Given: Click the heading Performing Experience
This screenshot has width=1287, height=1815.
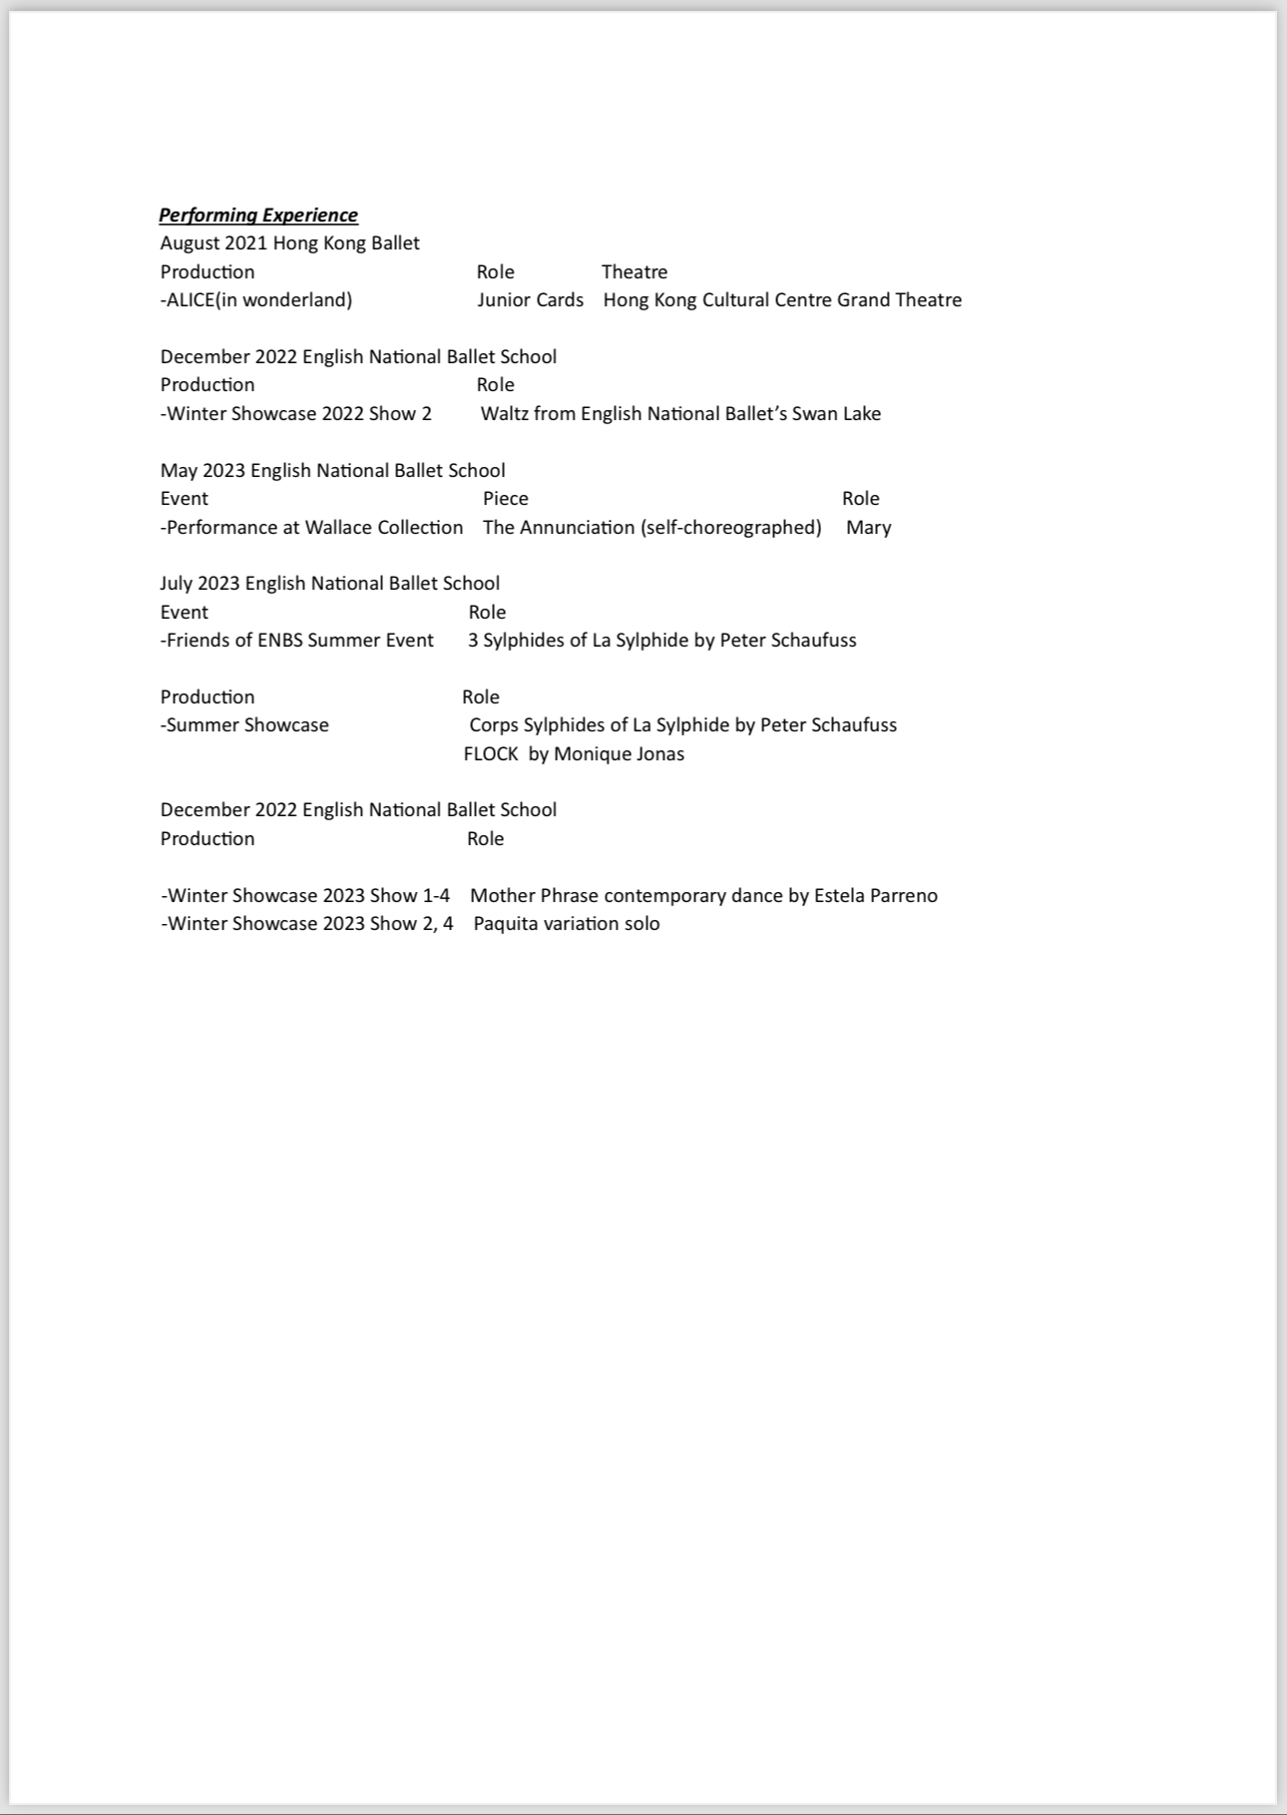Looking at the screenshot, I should click(258, 215).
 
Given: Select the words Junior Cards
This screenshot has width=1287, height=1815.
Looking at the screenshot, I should click(530, 299).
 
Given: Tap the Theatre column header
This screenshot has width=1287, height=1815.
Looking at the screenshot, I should click(635, 271).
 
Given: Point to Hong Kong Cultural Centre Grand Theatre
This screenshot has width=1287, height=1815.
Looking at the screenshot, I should click(782, 299).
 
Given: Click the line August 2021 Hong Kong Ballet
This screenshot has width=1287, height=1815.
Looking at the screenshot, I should click(289, 242).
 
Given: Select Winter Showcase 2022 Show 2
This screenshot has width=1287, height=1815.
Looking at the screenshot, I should click(298, 413).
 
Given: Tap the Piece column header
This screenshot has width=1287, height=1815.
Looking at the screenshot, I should click(506, 498).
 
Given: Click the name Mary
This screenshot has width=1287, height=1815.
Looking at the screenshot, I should click(868, 527).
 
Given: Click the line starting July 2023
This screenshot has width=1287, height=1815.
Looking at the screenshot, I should click(329, 583).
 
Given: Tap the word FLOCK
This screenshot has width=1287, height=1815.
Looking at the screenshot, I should click(491, 753).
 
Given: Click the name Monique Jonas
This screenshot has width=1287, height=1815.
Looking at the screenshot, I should click(619, 753).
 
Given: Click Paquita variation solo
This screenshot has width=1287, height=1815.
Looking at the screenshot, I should click(566, 923).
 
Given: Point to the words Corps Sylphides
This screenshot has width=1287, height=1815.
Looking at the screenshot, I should click(535, 724).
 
